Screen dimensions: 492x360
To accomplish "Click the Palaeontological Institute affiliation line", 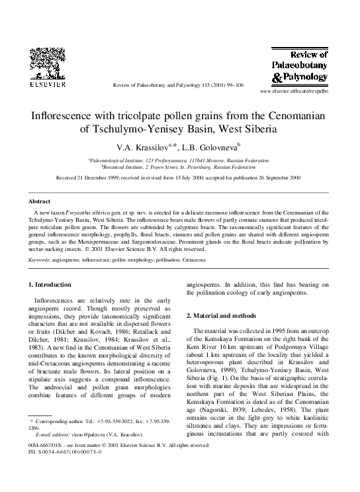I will [179, 160].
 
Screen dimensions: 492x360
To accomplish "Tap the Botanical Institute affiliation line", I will [179, 168].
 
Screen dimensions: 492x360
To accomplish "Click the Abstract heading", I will [41, 201].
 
